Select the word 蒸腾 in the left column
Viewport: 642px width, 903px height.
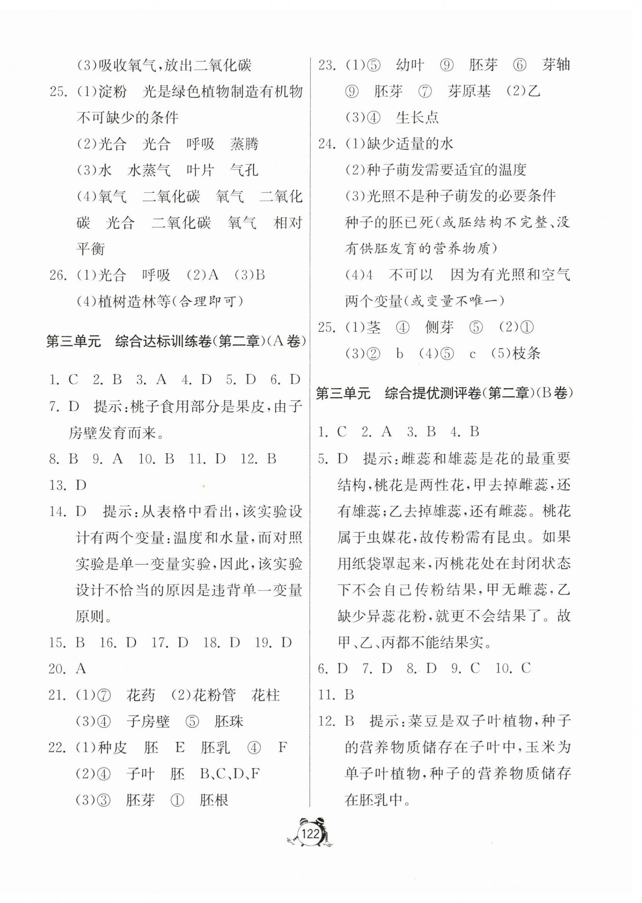click(x=244, y=144)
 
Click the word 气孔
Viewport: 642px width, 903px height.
click(x=244, y=170)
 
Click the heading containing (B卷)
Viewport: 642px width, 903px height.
click(x=444, y=393)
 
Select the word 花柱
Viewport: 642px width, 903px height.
click(x=266, y=695)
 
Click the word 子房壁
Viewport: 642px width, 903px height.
click(x=148, y=722)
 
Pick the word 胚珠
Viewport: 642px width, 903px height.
click(x=229, y=722)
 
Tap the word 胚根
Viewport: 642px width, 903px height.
click(x=214, y=800)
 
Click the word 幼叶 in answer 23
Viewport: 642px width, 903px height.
click(x=410, y=65)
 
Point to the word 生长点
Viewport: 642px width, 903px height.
click(x=417, y=118)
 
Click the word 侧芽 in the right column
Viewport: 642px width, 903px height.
click(x=439, y=327)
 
